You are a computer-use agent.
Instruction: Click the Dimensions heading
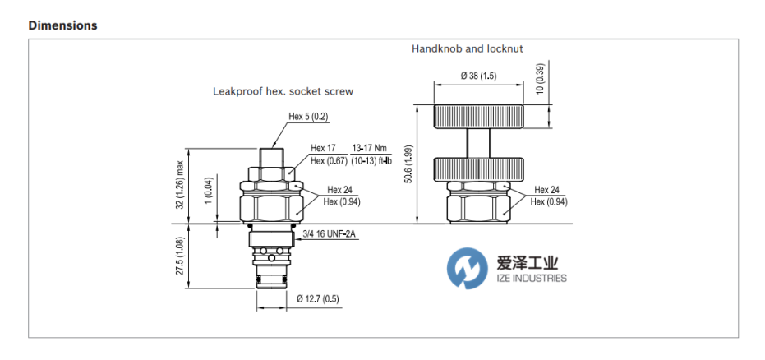pyautogui.click(x=62, y=25)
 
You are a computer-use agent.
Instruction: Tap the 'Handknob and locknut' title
pyautogui.click(x=467, y=49)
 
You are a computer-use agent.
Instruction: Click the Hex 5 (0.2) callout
pyautogui.click(x=308, y=117)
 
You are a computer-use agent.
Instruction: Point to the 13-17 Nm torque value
pyautogui.click(x=370, y=148)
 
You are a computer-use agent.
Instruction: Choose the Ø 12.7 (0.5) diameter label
pyautogui.click(x=318, y=299)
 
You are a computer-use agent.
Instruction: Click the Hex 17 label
pyautogui.click(x=324, y=148)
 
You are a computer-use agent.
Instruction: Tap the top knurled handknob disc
pyautogui.click(x=477, y=117)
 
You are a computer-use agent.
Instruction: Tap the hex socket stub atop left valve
pyautogui.click(x=272, y=156)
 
